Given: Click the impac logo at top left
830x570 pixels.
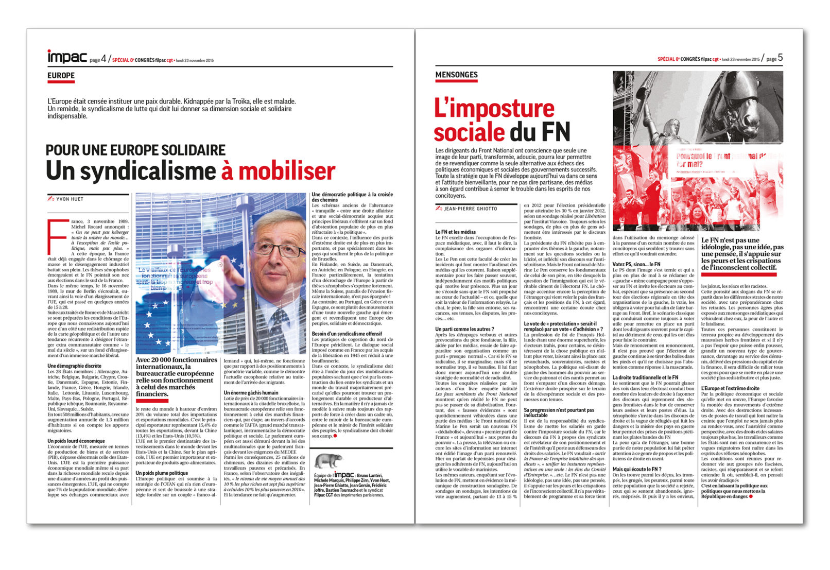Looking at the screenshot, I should click(67, 57).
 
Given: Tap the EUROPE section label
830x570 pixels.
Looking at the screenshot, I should click(61, 76).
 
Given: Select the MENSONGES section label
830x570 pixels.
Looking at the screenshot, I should click(456, 75).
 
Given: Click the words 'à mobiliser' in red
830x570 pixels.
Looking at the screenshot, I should click(278, 171).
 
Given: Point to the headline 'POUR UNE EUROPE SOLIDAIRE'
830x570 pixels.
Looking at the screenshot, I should click(135, 150).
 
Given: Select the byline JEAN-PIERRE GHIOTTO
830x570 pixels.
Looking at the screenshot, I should click(471, 209).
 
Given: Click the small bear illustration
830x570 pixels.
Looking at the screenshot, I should click(328, 461).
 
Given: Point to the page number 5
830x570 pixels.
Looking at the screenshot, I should click(780, 58).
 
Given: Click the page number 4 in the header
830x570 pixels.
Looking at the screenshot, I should click(103, 59).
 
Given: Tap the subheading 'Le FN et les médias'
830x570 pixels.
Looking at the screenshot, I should click(456, 232).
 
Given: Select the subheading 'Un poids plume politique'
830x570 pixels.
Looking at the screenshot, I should click(162, 473).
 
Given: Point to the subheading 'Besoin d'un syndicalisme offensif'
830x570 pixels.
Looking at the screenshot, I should click(347, 334).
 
